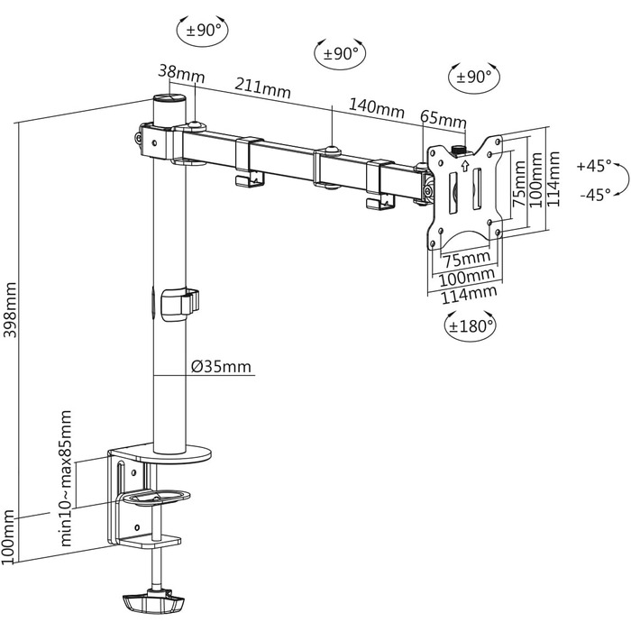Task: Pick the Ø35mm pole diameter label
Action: tap(222, 367)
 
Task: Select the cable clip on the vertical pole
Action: tap(178, 302)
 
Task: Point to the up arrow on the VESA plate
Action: tap(465, 164)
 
